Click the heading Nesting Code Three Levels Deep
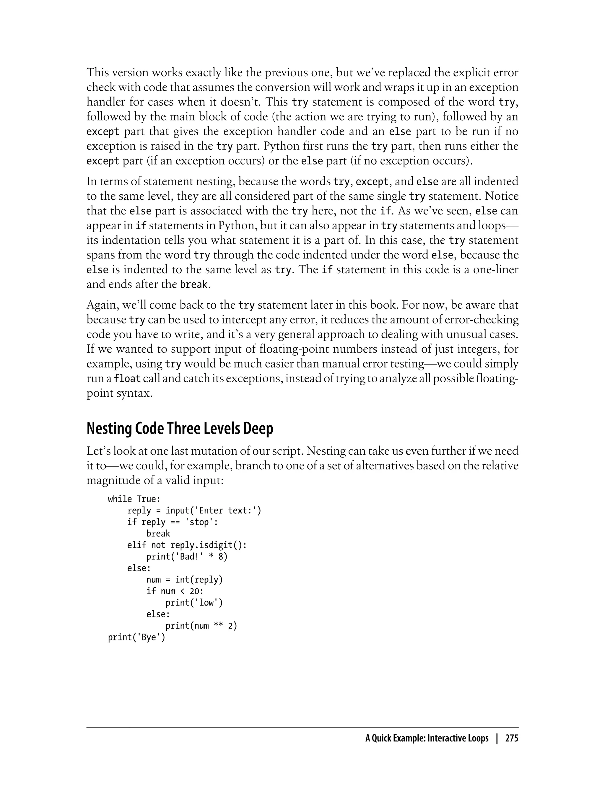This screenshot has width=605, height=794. (x=180, y=429)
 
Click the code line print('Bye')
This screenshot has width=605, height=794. (x=136, y=637)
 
